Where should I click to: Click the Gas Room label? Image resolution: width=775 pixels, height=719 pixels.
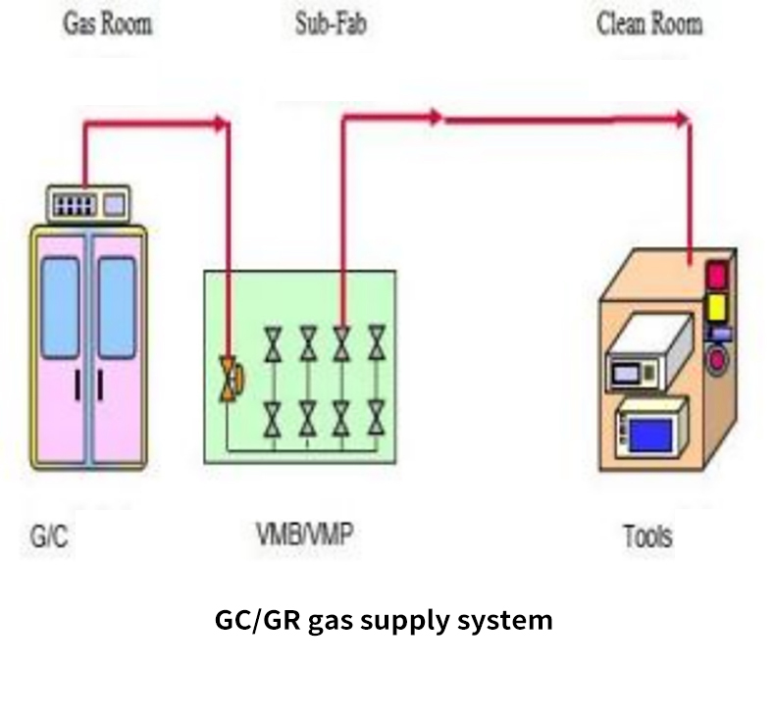pyautogui.click(x=108, y=23)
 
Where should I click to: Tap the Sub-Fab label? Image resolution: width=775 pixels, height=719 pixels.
pyautogui.click(x=331, y=23)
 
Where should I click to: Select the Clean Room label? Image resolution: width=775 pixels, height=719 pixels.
pyautogui.click(x=649, y=23)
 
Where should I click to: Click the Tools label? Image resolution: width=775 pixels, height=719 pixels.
pyautogui.click(x=647, y=537)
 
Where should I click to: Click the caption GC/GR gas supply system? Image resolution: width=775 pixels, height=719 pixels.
pyautogui.click(x=384, y=620)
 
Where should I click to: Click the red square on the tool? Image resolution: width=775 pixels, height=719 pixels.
pyautogui.click(x=717, y=274)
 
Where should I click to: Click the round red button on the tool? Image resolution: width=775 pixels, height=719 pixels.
pyautogui.click(x=718, y=359)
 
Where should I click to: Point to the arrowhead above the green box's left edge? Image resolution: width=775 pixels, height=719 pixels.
pyautogui.click(x=223, y=123)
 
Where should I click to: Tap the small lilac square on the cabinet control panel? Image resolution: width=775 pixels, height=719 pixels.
pyautogui.click(x=115, y=205)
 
